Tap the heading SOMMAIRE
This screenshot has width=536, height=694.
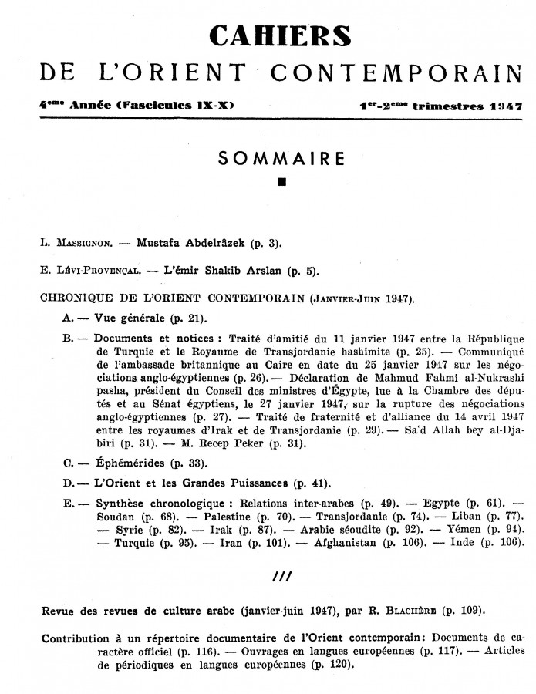(280, 159)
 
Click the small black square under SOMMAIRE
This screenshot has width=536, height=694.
(281, 183)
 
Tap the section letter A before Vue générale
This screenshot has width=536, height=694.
(67, 318)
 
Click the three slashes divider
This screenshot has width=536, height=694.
(280, 576)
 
